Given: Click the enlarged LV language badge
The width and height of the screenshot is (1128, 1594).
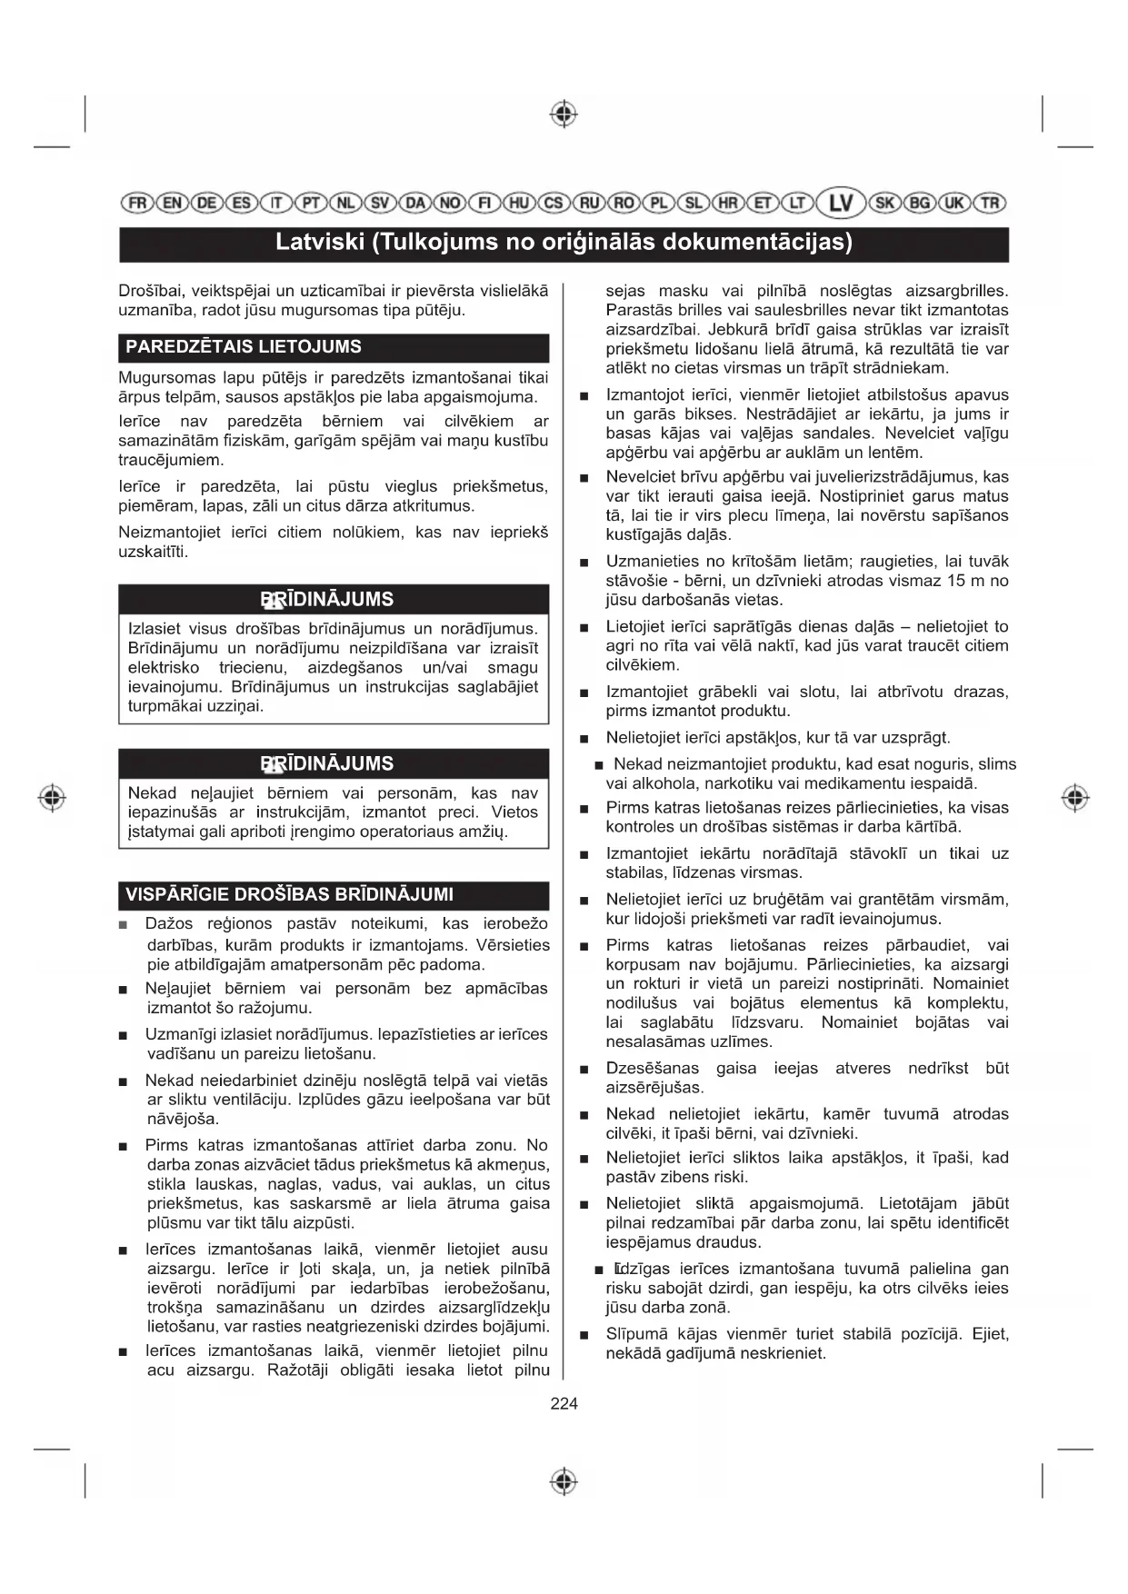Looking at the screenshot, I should (841, 203).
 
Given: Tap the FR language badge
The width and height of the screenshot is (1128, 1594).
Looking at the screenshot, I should (136, 203).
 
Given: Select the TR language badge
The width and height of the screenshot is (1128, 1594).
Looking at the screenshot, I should (990, 203).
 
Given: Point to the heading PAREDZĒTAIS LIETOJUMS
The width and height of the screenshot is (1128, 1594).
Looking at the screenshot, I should (244, 347).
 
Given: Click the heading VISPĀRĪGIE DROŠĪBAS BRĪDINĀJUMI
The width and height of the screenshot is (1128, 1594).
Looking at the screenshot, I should (289, 894).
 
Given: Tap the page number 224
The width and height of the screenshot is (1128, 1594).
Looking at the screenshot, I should (564, 1404).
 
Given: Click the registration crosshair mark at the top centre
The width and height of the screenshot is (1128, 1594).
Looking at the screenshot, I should (564, 115).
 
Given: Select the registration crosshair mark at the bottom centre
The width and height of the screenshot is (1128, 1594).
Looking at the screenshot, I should (564, 1481).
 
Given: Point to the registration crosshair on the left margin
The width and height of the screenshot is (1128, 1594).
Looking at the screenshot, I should (53, 798).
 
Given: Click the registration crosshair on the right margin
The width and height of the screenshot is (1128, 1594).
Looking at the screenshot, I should (1075, 798).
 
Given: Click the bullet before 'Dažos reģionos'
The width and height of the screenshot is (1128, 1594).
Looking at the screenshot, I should (124, 925).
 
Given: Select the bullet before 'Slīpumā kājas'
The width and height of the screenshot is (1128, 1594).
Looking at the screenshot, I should (584, 1336).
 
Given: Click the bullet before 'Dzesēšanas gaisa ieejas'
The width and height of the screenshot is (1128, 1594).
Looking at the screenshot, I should (584, 1070).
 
